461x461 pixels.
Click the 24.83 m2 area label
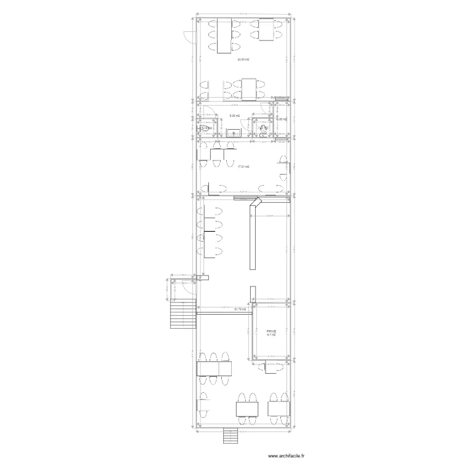pos(243,59)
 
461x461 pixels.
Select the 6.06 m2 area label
pos(234,116)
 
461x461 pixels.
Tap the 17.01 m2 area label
pos(243,167)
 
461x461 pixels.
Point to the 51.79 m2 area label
pos(240,309)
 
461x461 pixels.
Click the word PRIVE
pos(271,330)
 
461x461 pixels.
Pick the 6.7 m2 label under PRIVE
pos(271,335)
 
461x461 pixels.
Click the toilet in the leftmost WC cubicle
pos(203,128)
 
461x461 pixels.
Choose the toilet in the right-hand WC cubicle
pos(264,129)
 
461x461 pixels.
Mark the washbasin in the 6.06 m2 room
pos(234,132)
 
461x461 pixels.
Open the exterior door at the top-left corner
pos(189,38)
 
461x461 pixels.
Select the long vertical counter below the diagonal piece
pos(252,240)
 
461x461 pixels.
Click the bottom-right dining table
pos(276,409)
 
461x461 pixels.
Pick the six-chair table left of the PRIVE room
pos(214,369)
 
